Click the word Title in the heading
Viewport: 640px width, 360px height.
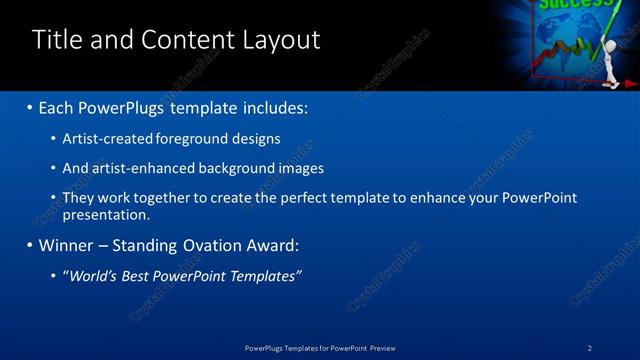click(57, 39)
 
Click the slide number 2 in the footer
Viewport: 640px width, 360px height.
click(590, 347)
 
